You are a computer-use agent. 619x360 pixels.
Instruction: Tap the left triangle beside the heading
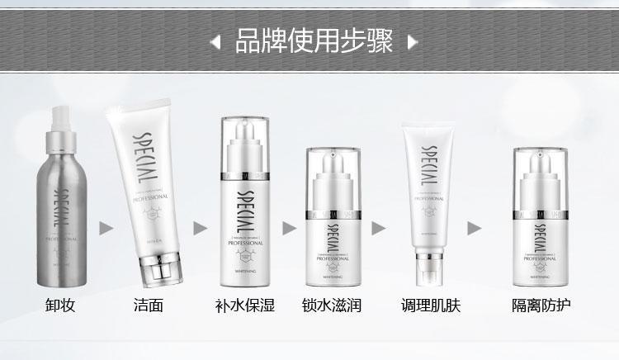[215, 40]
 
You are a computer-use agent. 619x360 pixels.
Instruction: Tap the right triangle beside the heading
[413, 40]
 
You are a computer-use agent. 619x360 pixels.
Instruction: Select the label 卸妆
[60, 306]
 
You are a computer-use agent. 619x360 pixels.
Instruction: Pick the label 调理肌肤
[429, 306]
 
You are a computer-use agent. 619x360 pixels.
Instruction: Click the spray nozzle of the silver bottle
[65, 122]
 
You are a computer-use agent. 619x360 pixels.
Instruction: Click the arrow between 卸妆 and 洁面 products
[105, 227]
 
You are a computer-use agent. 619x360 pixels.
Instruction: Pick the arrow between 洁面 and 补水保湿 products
[199, 227]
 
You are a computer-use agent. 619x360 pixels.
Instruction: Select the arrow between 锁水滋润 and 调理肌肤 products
[379, 227]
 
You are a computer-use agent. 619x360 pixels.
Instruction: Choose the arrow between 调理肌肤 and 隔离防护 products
[475, 227]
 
